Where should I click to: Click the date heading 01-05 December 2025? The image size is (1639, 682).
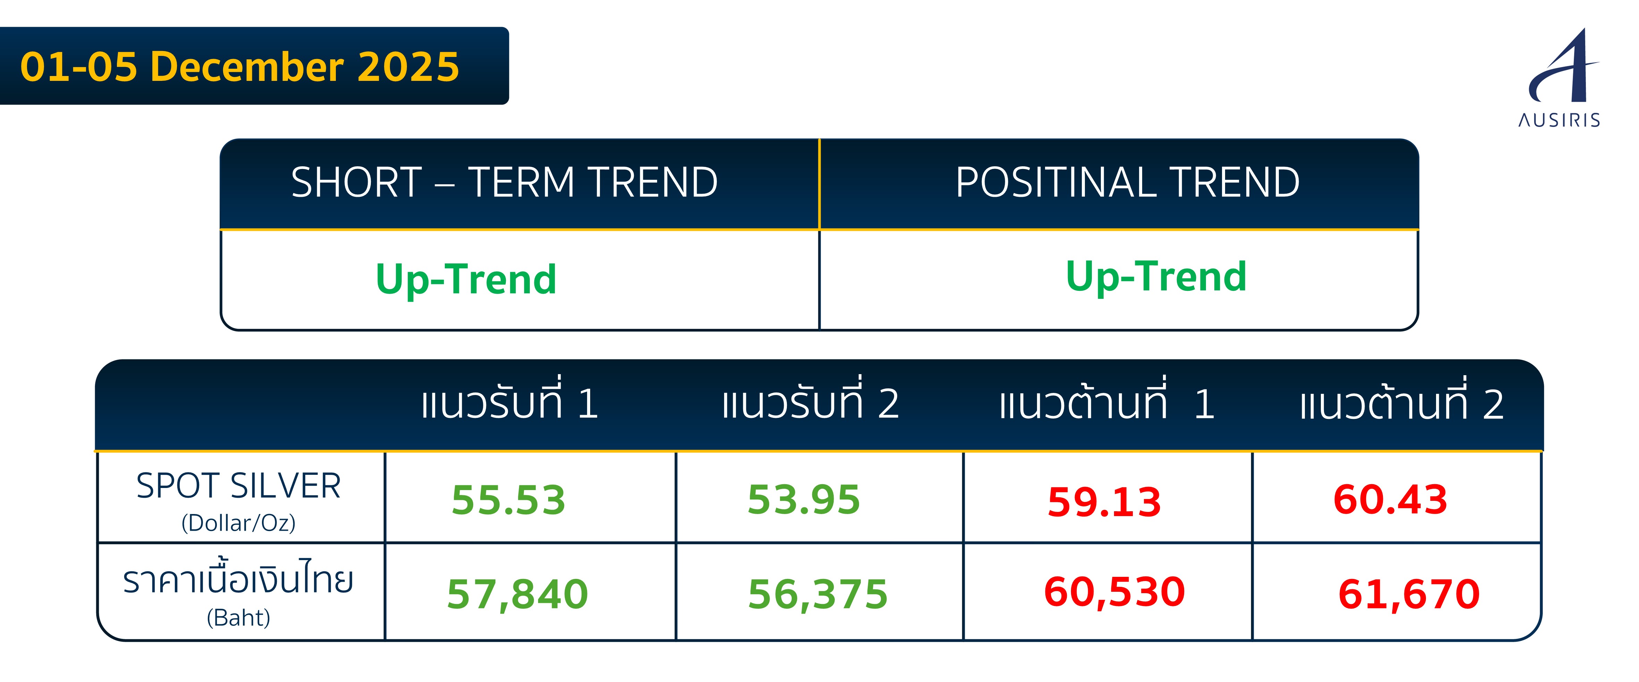[x=239, y=67]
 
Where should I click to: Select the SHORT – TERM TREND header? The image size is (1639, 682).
[x=504, y=183]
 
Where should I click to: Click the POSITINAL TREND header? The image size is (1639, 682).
[x=1128, y=183]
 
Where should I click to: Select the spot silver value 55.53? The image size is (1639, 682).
[x=508, y=500]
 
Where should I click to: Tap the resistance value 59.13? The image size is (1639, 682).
[x=1105, y=502]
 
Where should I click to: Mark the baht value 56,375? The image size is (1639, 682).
[x=817, y=594]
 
